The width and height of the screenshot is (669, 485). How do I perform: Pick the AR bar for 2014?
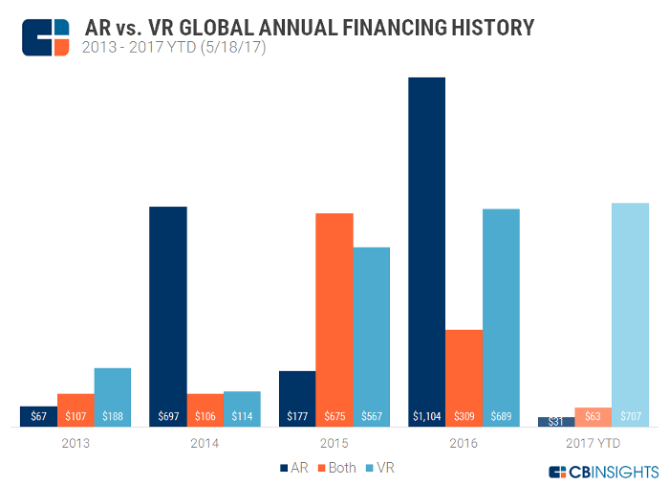click(x=168, y=306)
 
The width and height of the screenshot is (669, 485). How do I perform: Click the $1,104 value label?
click(x=426, y=417)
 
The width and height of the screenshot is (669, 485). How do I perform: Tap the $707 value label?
click(x=630, y=417)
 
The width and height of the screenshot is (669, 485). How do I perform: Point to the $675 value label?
click(x=334, y=417)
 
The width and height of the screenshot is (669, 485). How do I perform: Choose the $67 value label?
click(x=38, y=417)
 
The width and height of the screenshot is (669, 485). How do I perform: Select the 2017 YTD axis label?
click(x=593, y=443)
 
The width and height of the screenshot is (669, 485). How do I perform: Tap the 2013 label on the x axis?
click(x=75, y=443)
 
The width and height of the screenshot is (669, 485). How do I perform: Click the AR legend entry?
click(x=292, y=468)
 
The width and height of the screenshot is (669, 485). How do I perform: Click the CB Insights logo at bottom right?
click(x=603, y=472)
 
